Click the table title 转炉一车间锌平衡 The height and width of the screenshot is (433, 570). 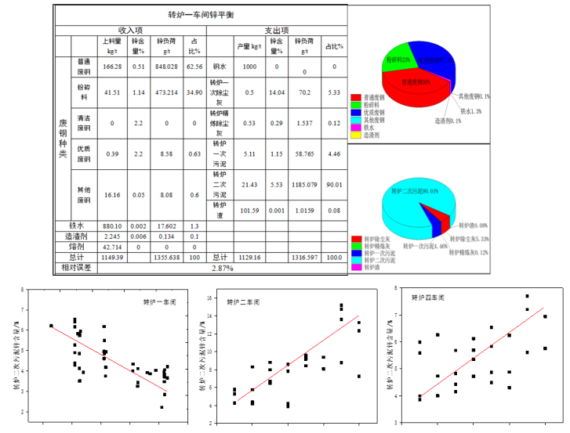tap(199, 15)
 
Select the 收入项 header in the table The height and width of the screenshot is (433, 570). tap(130, 29)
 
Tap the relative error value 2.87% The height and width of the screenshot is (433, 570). tap(223, 268)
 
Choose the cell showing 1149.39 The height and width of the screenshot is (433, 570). tap(112, 257)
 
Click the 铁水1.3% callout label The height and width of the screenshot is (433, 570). tap(470, 111)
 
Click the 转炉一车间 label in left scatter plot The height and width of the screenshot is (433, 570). tap(159, 301)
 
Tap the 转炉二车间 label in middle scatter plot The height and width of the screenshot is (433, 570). tap(243, 301)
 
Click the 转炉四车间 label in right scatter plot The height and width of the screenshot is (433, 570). tap(428, 298)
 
